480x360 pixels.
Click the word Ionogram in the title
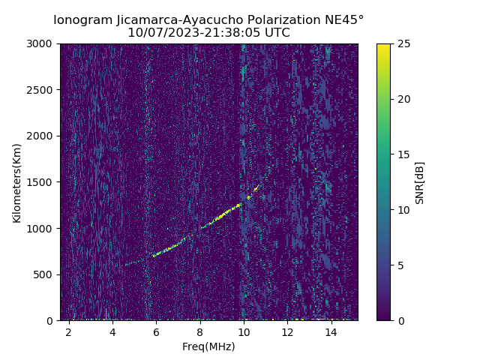coord(82,19)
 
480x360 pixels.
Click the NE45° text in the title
coord(344,19)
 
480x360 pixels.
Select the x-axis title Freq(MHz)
coord(208,346)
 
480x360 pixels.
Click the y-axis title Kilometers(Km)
coord(17,182)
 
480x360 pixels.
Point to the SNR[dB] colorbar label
coord(420,182)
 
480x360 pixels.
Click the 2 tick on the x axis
coord(69,331)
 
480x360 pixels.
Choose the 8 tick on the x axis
coord(200,331)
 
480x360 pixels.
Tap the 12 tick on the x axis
coord(287,331)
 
